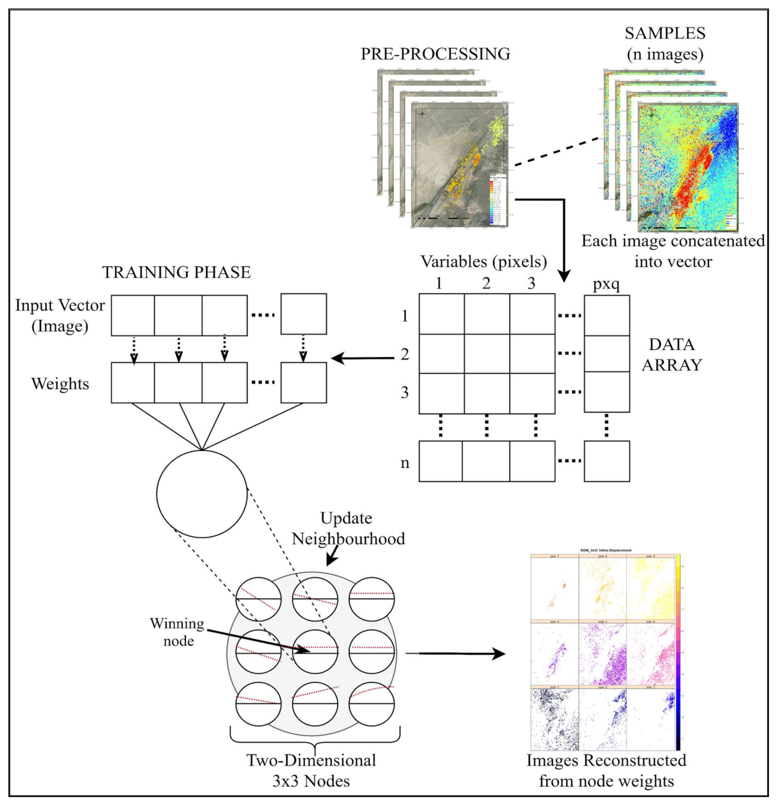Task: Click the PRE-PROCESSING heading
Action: point(435,54)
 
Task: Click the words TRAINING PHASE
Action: point(176,272)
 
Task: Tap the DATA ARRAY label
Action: point(671,355)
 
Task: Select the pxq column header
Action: point(606,284)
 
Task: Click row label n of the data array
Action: point(405,463)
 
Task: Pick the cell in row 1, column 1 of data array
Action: point(442,314)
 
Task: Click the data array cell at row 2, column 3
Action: point(532,354)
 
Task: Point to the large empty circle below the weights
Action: point(201,494)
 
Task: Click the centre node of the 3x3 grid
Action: point(315,651)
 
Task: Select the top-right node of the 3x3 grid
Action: point(371,599)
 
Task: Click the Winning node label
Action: point(178,632)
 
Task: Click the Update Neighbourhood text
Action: point(348,528)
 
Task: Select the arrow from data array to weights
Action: point(363,358)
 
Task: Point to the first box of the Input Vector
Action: point(133,315)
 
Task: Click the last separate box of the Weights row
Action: point(303,383)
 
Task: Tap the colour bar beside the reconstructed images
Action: point(678,652)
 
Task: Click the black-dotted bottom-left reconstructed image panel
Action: point(555,719)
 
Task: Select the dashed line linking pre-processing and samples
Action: point(556,151)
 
